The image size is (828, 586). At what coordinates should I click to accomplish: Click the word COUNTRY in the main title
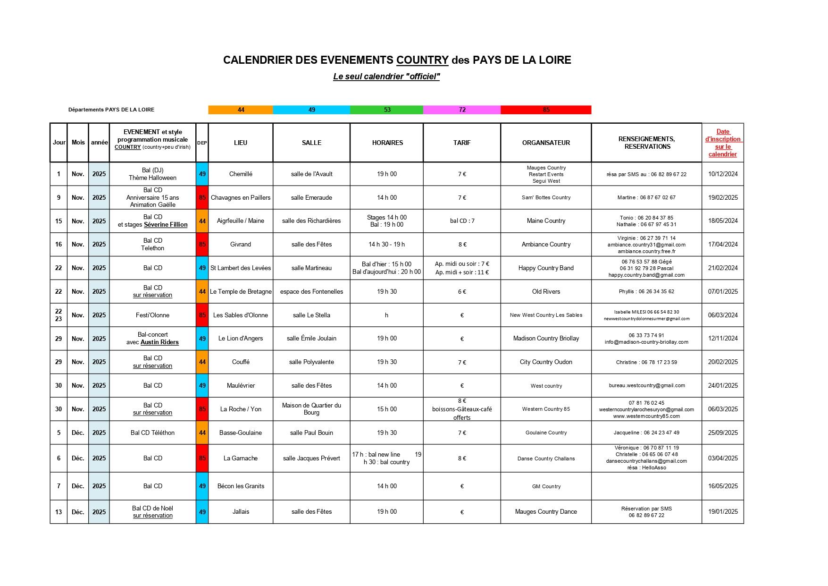pyautogui.click(x=422, y=60)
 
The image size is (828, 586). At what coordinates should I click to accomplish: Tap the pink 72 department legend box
pyautogui.click(x=462, y=110)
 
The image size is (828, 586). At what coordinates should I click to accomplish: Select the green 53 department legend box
pyautogui.click(x=387, y=110)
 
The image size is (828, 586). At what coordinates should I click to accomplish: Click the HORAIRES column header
pyautogui.click(x=387, y=143)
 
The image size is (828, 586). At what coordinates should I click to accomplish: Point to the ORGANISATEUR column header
pyautogui.click(x=546, y=143)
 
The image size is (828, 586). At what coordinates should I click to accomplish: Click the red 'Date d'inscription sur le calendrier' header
pyautogui.click(x=722, y=143)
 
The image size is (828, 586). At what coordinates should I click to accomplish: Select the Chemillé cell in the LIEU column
pyautogui.click(x=241, y=174)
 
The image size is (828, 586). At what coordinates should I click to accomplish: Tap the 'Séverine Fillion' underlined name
pyautogui.click(x=166, y=225)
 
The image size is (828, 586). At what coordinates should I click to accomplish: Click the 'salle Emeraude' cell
pyautogui.click(x=311, y=197)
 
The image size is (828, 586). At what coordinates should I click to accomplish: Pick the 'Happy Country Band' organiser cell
pyautogui.click(x=546, y=268)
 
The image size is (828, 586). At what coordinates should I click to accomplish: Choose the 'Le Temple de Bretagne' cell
pyautogui.click(x=241, y=291)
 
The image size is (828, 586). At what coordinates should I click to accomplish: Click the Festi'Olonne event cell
pyautogui.click(x=152, y=315)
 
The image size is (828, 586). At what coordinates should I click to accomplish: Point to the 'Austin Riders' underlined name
pyautogui.click(x=159, y=342)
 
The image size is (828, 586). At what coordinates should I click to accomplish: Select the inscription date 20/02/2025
pyautogui.click(x=722, y=362)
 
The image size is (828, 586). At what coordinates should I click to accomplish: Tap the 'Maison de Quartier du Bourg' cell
pyautogui.click(x=311, y=409)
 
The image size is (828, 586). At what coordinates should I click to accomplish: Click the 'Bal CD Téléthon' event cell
pyautogui.click(x=152, y=433)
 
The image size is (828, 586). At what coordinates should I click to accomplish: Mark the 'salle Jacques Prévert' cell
pyautogui.click(x=311, y=458)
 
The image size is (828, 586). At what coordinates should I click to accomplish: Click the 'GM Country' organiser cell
pyautogui.click(x=546, y=486)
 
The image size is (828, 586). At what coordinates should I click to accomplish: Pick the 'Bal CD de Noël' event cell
pyautogui.click(x=152, y=508)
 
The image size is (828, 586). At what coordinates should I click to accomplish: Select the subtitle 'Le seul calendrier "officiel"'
pyautogui.click(x=386, y=76)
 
